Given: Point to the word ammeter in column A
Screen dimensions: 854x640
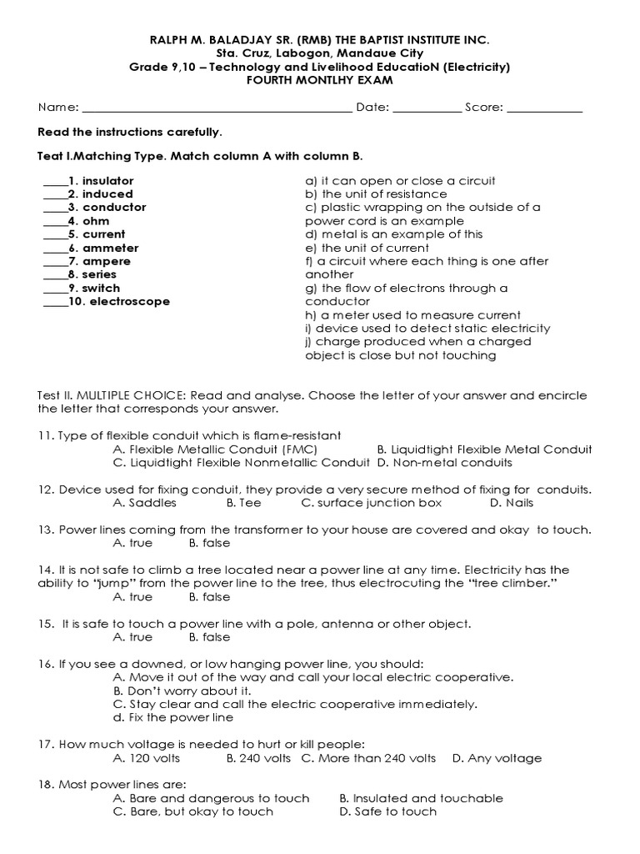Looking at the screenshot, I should point(110,248).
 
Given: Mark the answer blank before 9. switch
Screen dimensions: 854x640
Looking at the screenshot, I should point(54,289).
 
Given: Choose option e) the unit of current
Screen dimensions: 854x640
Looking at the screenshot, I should point(367,248).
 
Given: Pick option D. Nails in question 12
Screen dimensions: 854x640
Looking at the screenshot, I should point(512,503).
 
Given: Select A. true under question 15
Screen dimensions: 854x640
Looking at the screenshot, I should point(132,637).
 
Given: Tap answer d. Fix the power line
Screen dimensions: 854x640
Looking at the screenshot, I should point(173,717).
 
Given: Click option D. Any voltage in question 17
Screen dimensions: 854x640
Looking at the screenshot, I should point(497,758).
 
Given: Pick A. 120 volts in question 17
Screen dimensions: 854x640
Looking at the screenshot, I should point(146,758).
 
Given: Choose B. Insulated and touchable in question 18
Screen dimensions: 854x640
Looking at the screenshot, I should point(421,798).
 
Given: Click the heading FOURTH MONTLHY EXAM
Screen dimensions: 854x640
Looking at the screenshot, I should point(319,80).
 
